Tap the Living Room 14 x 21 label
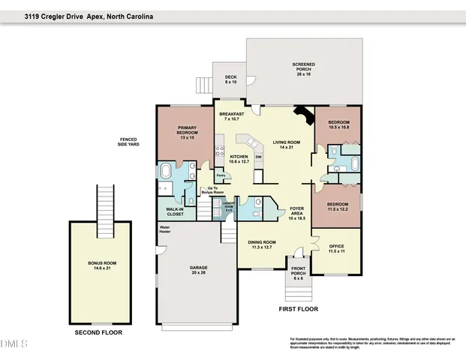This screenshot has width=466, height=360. (x=286, y=145)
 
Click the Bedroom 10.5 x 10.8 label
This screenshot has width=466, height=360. (x=339, y=124)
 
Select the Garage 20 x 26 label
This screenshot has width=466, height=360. (x=199, y=271)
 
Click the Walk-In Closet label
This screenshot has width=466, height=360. (x=174, y=212)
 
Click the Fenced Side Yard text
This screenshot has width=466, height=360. (x=129, y=142)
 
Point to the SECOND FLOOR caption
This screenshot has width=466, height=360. (x=98, y=332)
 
